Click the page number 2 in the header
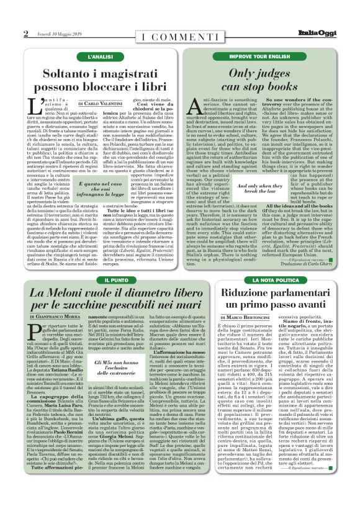26,33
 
